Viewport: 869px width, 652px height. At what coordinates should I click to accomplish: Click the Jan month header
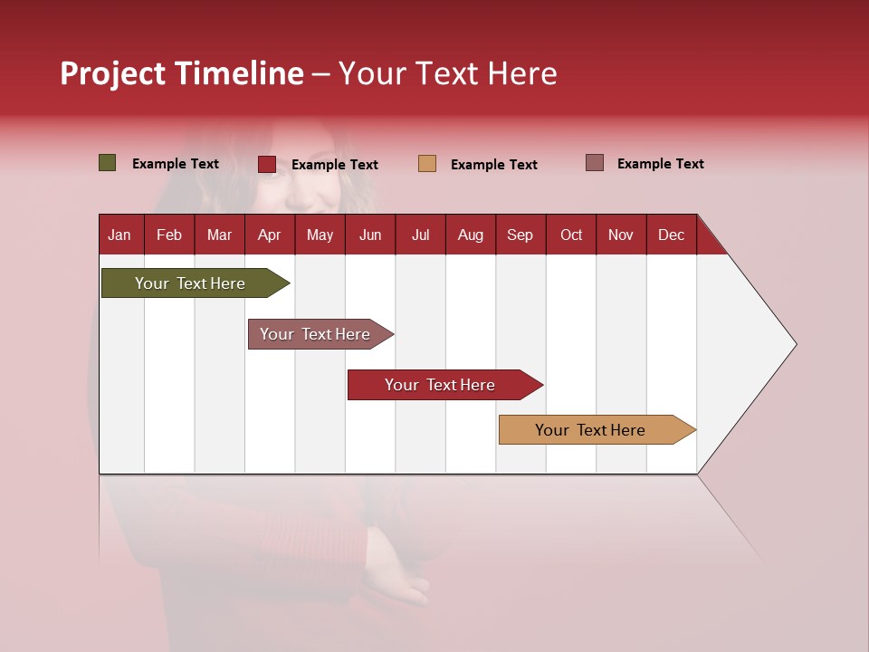[x=119, y=235]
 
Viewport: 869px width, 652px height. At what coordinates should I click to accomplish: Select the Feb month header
[x=169, y=235]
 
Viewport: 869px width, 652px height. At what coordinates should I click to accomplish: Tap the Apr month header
[x=269, y=235]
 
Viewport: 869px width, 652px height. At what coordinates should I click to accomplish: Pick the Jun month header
[x=370, y=235]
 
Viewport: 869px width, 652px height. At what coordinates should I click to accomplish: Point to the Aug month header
[x=470, y=235]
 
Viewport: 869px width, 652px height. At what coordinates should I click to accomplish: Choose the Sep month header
[x=520, y=235]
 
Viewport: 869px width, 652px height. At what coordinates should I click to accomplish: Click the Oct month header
[x=571, y=235]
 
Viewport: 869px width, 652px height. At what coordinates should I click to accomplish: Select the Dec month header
[x=671, y=235]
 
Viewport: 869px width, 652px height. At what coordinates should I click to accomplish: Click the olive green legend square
[x=108, y=163]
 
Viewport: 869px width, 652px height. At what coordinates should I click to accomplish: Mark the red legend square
[x=267, y=164]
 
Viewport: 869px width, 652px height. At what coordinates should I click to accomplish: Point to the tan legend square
[x=427, y=164]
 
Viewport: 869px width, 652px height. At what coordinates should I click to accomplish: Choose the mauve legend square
[x=595, y=163]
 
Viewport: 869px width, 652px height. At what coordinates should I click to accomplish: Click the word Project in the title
[x=113, y=73]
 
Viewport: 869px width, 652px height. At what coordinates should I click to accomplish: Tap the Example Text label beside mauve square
[x=660, y=163]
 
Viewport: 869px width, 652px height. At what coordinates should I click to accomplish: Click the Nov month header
[x=620, y=235]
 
